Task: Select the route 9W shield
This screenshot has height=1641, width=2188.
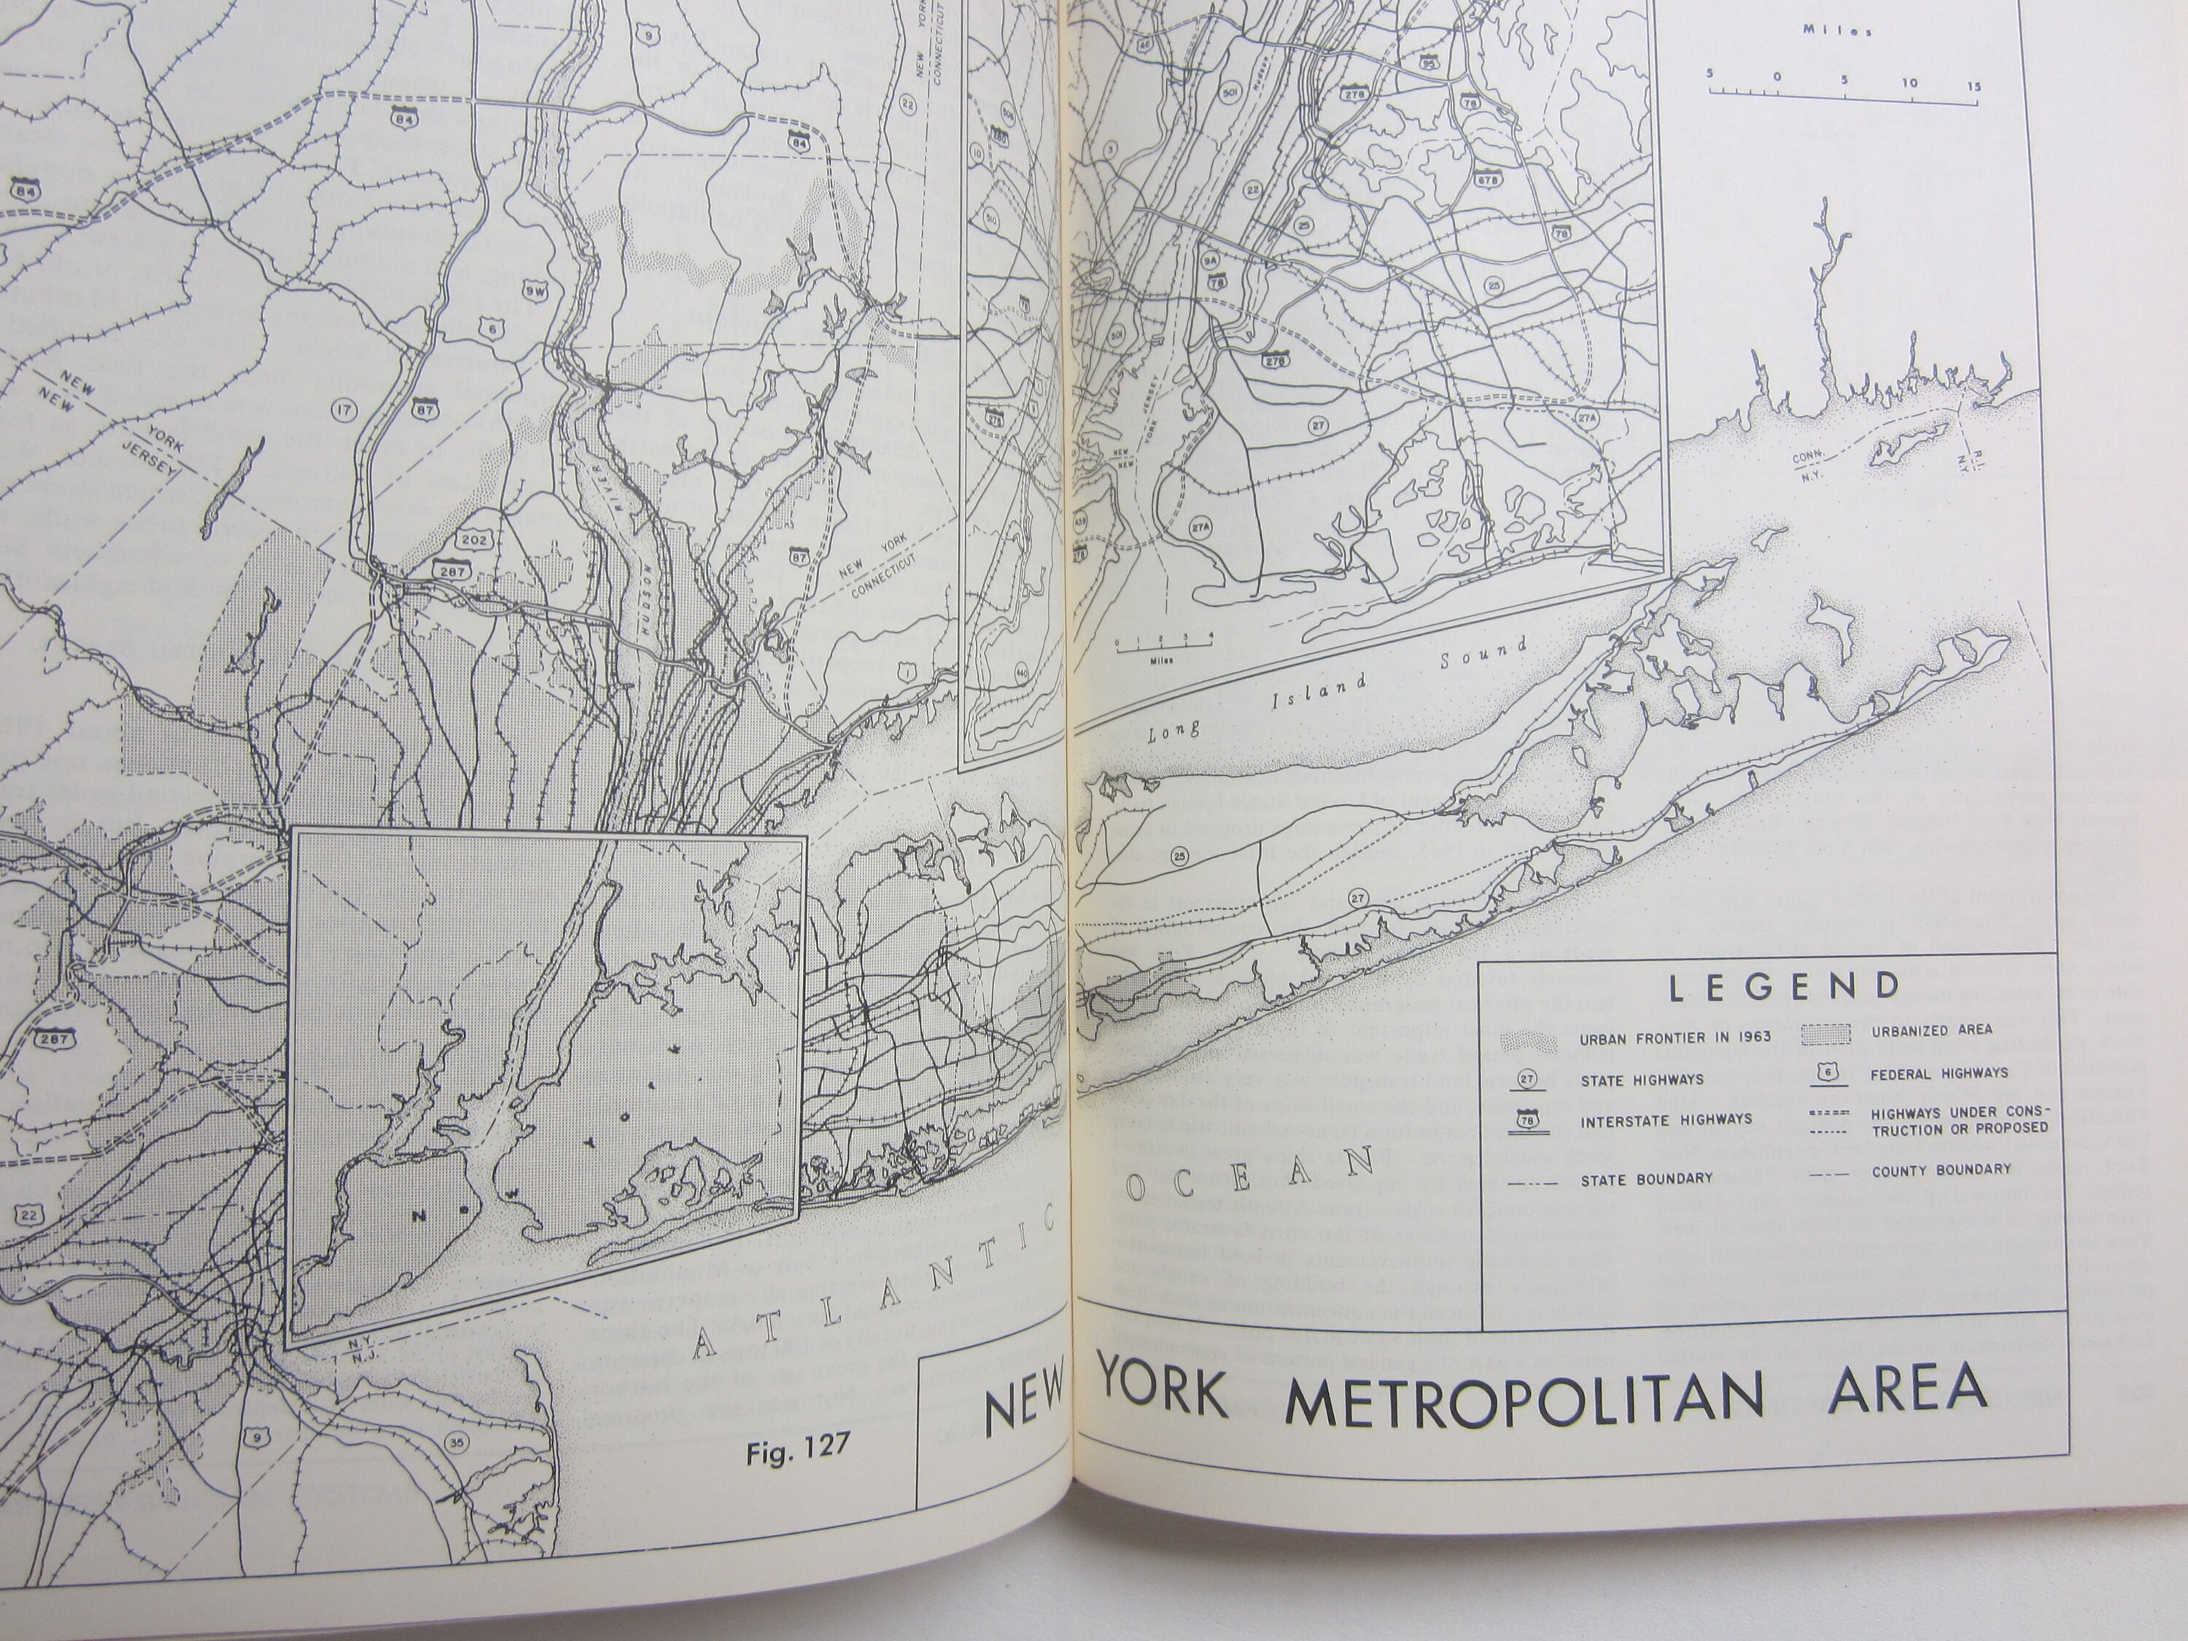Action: (x=535, y=291)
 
